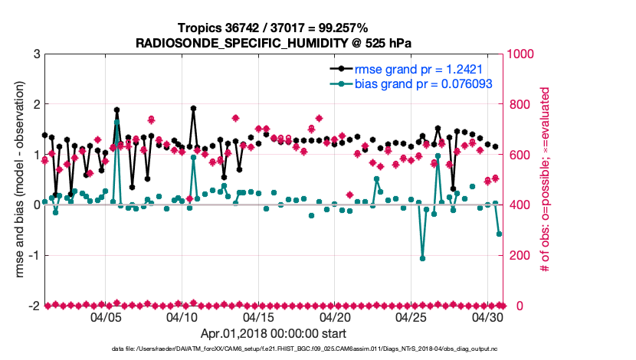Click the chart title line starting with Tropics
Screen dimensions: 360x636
pos(273,28)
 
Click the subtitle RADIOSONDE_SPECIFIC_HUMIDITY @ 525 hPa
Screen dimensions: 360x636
pos(273,43)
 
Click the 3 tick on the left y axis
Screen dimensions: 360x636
pos(37,54)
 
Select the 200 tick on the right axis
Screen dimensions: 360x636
pos(519,256)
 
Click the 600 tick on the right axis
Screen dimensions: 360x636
pos(519,155)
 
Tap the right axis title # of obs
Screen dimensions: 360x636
pos(545,180)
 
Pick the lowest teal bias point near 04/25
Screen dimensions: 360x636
pos(423,258)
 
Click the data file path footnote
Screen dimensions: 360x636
pos(273,349)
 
